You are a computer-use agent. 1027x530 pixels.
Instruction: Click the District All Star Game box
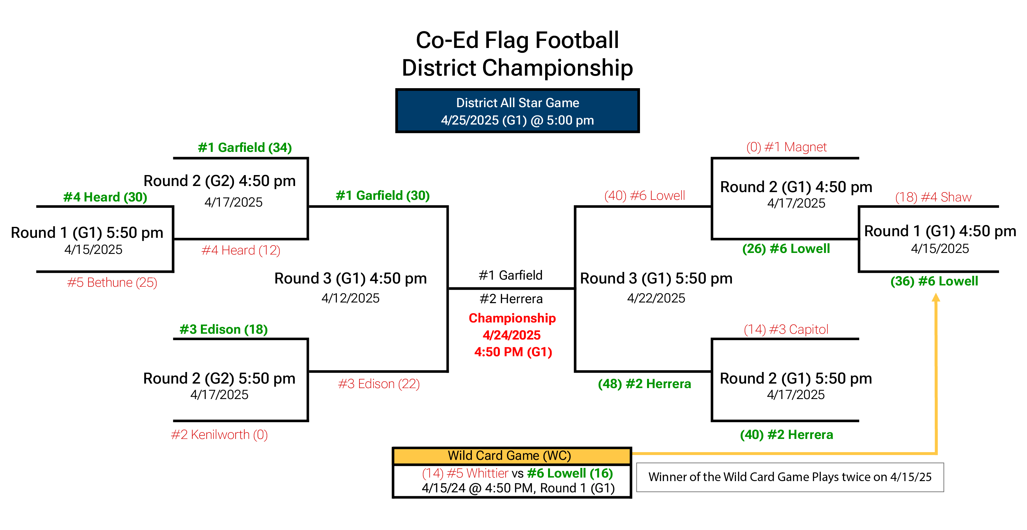(x=517, y=111)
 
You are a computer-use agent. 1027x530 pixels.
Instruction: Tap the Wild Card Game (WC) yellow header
(x=512, y=456)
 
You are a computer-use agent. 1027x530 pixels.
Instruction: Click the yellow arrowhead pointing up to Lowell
(x=936, y=297)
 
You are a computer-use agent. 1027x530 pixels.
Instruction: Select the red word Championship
(x=512, y=318)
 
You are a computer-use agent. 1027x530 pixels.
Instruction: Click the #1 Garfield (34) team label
(x=245, y=147)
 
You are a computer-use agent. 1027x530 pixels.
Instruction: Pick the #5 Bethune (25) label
(x=112, y=282)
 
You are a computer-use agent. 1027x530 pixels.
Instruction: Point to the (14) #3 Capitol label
(x=786, y=329)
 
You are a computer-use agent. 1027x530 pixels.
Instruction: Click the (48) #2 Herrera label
(x=644, y=384)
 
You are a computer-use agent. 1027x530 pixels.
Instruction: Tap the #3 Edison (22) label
(x=379, y=384)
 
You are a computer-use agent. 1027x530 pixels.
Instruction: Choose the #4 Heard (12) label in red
(x=241, y=250)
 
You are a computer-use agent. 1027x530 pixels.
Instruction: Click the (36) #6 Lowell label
(x=934, y=281)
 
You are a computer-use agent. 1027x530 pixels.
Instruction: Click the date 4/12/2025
(x=350, y=298)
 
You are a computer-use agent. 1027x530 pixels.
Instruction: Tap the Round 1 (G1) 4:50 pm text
(x=940, y=231)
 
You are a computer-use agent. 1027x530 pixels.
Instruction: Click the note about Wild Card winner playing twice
(x=790, y=477)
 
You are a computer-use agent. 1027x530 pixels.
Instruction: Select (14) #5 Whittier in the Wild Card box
(x=465, y=473)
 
